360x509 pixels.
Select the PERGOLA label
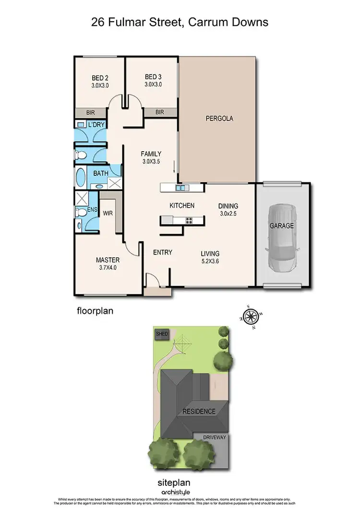pos(219,118)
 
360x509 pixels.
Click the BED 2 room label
pos(100,77)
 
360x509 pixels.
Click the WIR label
pos(108,213)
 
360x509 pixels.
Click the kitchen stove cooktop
pos(188,220)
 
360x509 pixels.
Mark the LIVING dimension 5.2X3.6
pos(210,262)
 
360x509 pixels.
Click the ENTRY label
pos(162,253)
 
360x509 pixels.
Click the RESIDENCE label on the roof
pos(198,412)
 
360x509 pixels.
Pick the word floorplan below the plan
pos(95,311)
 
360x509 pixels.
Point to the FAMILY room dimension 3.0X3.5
pos(151,162)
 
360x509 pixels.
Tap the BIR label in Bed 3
pos(159,112)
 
